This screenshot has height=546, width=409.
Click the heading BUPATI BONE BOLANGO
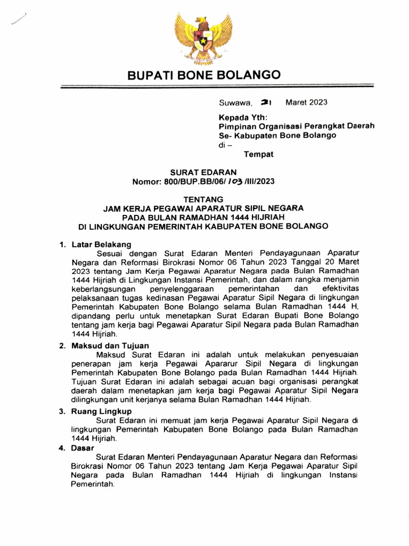(x=203, y=76)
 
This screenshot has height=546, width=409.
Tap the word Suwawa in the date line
(x=236, y=103)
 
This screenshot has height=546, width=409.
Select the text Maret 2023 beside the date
(x=306, y=103)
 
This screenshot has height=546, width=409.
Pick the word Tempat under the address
(x=258, y=155)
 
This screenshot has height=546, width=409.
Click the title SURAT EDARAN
(x=204, y=173)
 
